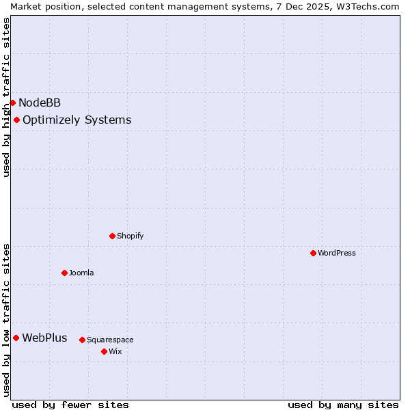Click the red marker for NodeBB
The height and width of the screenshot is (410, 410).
(x=12, y=103)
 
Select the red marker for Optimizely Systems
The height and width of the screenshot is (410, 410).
(x=16, y=120)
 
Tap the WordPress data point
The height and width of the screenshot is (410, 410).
(x=313, y=253)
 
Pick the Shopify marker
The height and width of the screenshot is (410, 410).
(x=112, y=236)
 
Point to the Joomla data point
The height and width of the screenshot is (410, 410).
(x=64, y=273)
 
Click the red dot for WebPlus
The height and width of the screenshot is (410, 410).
(x=16, y=338)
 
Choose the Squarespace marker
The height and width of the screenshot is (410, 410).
(x=82, y=340)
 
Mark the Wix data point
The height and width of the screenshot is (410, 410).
(x=104, y=351)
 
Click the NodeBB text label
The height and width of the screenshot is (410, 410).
(x=40, y=103)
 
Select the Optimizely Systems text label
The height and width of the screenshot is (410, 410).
(x=77, y=120)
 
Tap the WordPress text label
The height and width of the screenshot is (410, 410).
(x=337, y=253)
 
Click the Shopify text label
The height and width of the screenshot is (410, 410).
(x=131, y=236)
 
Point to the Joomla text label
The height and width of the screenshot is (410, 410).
(x=81, y=273)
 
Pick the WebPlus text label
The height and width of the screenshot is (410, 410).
(x=44, y=338)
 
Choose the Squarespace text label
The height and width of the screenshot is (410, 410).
(x=110, y=340)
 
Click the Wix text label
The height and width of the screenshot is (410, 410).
(x=115, y=351)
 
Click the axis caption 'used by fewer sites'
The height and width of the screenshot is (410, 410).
(x=70, y=405)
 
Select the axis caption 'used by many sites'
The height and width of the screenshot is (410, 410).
(x=343, y=405)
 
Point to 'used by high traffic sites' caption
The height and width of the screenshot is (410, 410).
(x=6, y=97)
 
